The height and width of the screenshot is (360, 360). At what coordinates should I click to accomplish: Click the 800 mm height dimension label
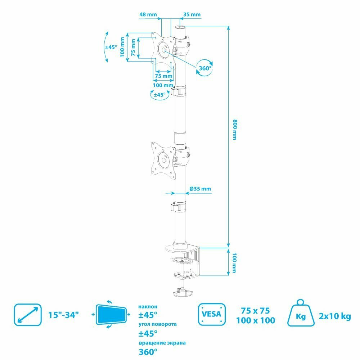(235, 130)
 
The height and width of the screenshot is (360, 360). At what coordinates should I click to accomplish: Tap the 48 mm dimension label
(148, 15)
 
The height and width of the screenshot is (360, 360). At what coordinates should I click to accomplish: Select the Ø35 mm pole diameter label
(200, 189)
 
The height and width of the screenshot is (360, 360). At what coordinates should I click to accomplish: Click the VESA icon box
(212, 314)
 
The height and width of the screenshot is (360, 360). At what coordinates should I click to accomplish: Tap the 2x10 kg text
(335, 317)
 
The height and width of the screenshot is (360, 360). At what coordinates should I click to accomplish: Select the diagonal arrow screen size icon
(26, 314)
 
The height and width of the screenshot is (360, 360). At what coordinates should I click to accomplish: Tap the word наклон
(148, 307)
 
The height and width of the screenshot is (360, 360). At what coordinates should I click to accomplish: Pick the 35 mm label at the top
(192, 15)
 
